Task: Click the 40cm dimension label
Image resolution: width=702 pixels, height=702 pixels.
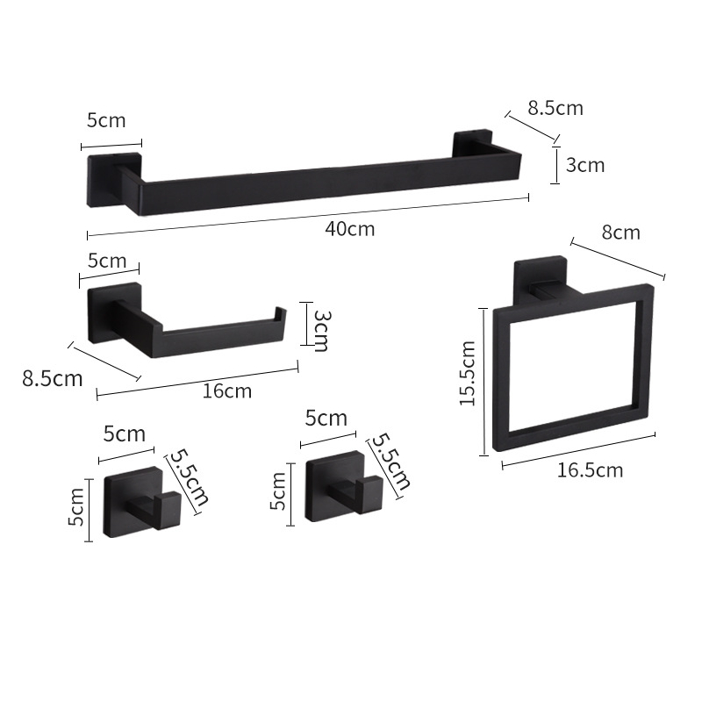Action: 349,229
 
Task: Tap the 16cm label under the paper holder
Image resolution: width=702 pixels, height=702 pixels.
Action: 227,390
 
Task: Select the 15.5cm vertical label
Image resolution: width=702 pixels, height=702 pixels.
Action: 468,374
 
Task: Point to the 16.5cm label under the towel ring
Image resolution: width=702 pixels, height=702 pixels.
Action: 590,470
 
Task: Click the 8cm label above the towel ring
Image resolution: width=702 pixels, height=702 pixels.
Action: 620,233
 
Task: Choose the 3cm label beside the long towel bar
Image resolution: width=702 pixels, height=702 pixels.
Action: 585,165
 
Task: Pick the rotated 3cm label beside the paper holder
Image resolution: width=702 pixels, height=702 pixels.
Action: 320,331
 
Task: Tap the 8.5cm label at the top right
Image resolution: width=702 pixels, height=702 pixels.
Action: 555,108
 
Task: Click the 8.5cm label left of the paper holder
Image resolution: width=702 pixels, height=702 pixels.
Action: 53,379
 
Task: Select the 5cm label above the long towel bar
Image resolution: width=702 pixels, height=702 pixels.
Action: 106,120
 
